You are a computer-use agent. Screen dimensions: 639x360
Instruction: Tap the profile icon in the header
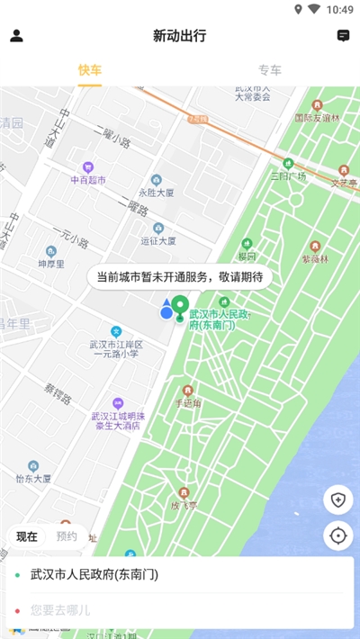click(x=16, y=36)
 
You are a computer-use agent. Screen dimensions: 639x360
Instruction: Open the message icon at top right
click(x=343, y=36)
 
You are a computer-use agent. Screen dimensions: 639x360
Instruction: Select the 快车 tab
click(x=90, y=69)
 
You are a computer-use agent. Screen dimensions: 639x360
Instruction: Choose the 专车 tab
click(x=270, y=69)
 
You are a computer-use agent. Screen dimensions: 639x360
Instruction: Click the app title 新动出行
click(x=180, y=36)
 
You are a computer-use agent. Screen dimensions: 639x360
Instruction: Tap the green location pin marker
click(x=179, y=307)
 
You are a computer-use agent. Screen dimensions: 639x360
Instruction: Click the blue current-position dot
click(x=166, y=312)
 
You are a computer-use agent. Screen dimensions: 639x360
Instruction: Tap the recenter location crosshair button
click(x=338, y=535)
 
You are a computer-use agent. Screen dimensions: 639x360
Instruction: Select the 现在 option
click(x=27, y=536)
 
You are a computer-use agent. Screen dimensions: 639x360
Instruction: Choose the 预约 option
click(x=67, y=536)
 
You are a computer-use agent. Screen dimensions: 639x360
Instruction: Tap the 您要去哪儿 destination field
click(x=180, y=609)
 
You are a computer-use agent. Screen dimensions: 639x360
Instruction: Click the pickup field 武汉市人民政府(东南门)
click(x=180, y=574)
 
